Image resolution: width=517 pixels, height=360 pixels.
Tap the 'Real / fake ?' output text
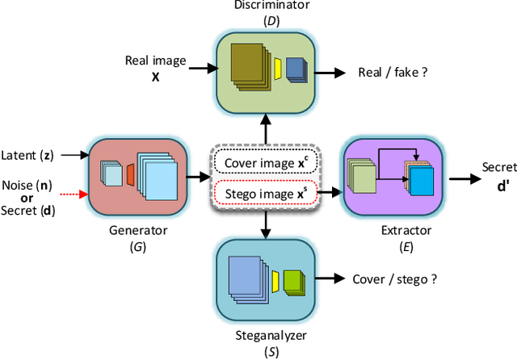(393, 73)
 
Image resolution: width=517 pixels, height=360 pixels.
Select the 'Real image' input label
(154, 61)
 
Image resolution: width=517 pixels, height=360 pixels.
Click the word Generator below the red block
(137, 230)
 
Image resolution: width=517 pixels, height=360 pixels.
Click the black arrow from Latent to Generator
(71, 154)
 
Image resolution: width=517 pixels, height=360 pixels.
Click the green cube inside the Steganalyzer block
(294, 282)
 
